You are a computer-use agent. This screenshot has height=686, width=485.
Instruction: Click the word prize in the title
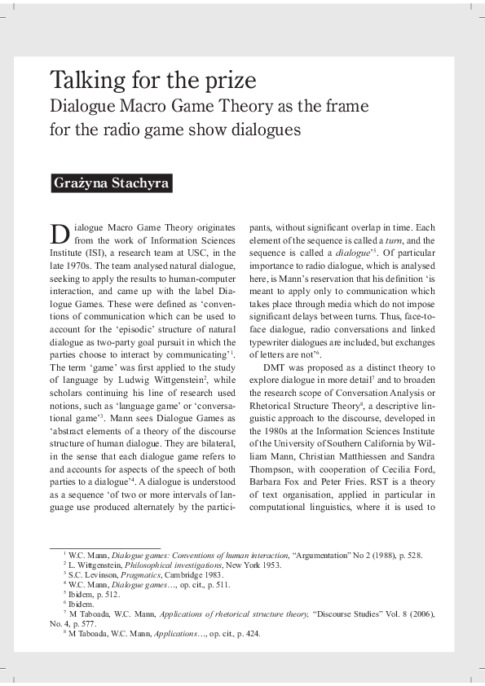pyautogui.click(x=228, y=81)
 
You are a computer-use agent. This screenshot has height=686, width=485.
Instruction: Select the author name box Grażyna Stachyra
pyautogui.click(x=111, y=182)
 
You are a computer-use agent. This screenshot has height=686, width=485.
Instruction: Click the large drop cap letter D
pyautogui.click(x=60, y=234)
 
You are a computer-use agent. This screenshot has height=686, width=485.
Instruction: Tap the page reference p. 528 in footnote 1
pyautogui.click(x=408, y=555)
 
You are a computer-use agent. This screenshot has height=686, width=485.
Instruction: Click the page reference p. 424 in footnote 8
pyautogui.click(x=246, y=633)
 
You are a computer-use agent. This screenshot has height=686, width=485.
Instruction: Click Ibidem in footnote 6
pyautogui.click(x=83, y=604)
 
